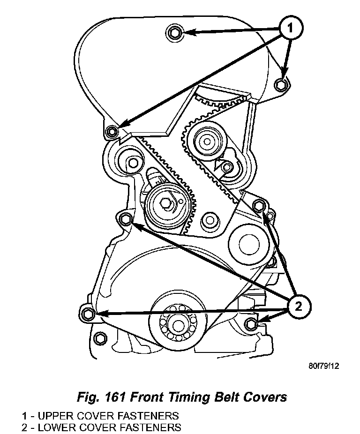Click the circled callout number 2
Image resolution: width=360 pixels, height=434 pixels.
tap(298, 307)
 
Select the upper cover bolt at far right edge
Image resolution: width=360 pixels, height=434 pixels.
tap(281, 84)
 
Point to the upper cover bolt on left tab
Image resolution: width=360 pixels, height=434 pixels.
tap(111, 131)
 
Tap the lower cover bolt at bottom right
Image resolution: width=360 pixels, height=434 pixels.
tap(252, 323)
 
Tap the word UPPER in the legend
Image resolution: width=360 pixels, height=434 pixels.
tap(57, 416)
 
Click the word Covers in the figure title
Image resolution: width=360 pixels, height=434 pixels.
tap(265, 397)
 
